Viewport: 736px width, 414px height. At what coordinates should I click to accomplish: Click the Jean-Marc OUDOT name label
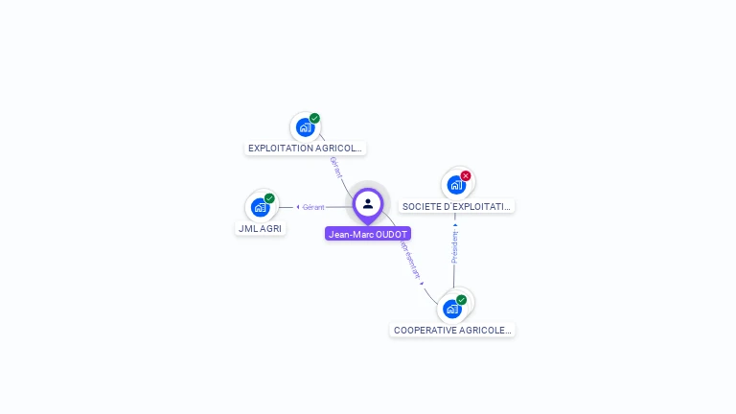click(368, 234)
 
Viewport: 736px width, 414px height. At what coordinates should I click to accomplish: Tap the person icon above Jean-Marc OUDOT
click(368, 203)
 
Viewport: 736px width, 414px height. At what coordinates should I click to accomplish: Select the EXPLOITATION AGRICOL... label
click(305, 149)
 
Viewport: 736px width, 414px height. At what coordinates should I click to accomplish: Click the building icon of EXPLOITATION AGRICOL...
click(305, 127)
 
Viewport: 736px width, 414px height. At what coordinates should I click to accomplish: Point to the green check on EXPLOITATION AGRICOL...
click(314, 119)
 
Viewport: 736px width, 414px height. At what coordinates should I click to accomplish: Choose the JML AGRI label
click(260, 229)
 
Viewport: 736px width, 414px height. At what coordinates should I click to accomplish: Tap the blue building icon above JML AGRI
click(260, 207)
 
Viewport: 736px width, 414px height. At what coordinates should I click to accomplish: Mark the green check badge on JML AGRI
click(269, 198)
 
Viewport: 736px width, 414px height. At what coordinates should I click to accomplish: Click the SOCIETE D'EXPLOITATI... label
click(457, 206)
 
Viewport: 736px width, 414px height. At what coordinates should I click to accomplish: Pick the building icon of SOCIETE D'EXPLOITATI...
click(456, 185)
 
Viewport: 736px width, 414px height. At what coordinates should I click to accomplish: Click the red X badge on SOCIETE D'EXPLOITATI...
click(466, 175)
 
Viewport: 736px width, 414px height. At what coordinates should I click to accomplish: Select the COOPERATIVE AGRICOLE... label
click(452, 330)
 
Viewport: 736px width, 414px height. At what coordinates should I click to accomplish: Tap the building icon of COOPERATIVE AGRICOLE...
click(452, 309)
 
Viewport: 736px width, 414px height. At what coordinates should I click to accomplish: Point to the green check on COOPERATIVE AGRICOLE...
click(462, 300)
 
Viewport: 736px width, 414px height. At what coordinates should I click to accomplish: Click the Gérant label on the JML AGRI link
click(313, 207)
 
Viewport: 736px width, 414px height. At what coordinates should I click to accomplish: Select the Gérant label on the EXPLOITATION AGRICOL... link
click(335, 168)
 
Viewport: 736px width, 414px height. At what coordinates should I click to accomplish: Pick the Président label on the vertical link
click(455, 246)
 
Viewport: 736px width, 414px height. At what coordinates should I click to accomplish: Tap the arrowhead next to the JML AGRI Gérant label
click(298, 207)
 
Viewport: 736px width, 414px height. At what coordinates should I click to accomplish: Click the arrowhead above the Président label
click(455, 225)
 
